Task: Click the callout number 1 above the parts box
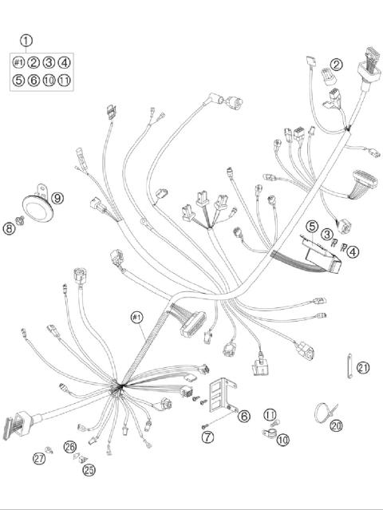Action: click(26, 40)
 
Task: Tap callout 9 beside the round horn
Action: click(57, 197)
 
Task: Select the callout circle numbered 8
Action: click(9, 229)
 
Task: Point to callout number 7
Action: click(208, 437)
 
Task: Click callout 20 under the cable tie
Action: click(336, 426)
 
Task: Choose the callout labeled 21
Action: click(363, 367)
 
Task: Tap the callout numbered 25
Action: click(89, 470)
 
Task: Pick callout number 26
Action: click(70, 447)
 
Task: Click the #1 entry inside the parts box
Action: click(18, 62)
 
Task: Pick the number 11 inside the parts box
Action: click(64, 80)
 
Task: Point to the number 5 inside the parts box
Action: click(18, 80)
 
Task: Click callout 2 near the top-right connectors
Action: click(337, 65)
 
